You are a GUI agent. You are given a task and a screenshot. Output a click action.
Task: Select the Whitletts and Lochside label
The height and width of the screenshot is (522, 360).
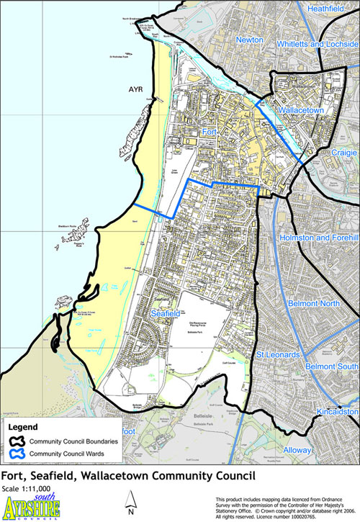tap(315, 45)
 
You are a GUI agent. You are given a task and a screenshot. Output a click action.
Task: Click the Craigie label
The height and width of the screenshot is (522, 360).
tap(336, 153)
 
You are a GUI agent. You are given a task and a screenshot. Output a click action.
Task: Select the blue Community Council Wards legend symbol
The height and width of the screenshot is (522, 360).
tap(18, 454)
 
